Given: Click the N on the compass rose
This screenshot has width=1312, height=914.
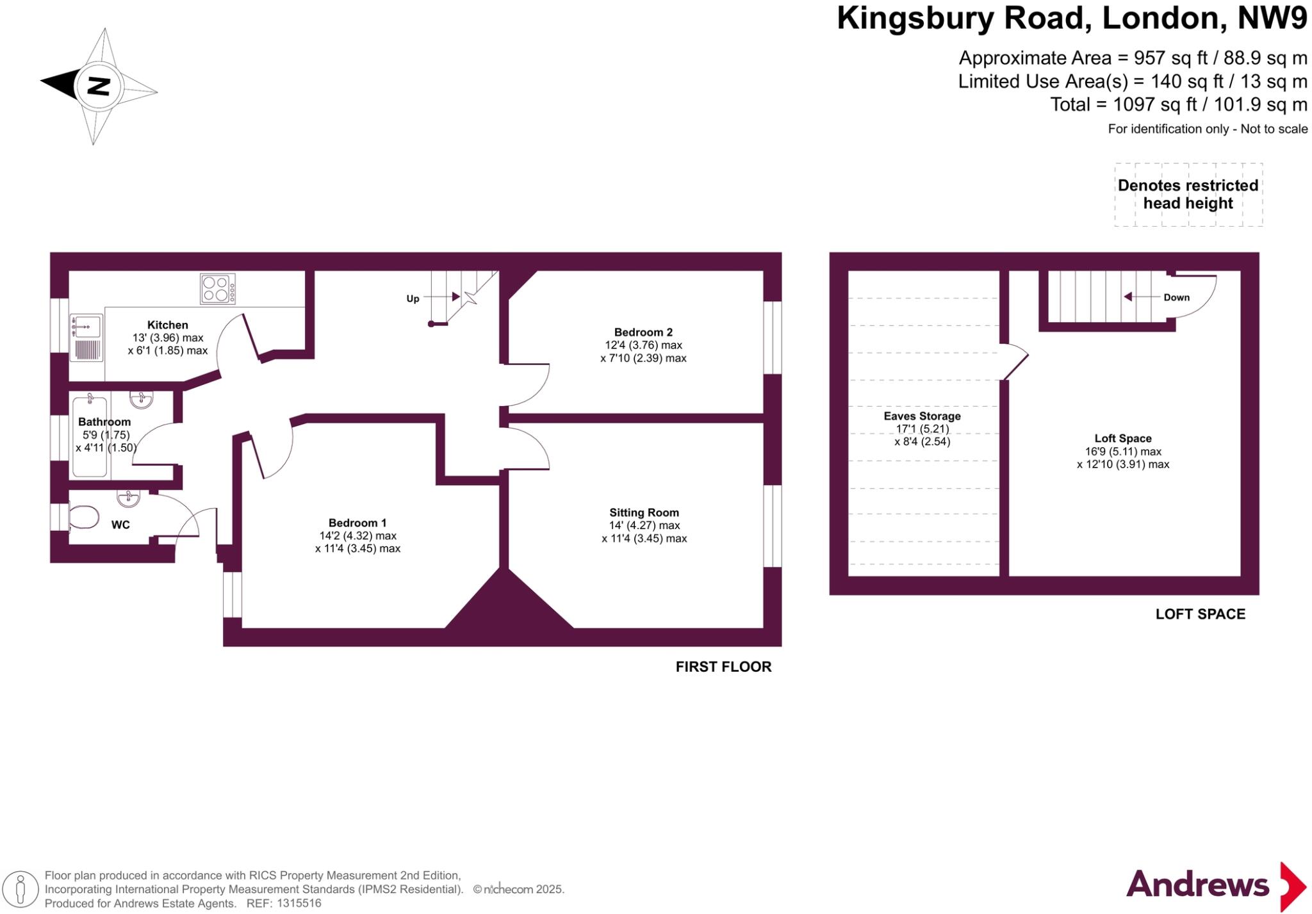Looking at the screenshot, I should point(98,86).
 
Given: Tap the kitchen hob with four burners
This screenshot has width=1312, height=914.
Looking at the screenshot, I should point(218,288).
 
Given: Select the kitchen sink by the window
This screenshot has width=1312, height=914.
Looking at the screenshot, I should point(86,326).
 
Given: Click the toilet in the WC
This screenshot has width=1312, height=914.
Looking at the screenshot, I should point(83,517).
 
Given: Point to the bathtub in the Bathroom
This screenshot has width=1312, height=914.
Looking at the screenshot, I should point(90,436).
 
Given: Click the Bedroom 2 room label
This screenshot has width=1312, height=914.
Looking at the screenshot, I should point(643,332).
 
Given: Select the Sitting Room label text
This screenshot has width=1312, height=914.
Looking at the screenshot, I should point(644,512).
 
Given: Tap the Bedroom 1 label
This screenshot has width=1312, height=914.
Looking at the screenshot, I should point(357,523).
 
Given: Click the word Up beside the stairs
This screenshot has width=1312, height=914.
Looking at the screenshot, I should point(413,298).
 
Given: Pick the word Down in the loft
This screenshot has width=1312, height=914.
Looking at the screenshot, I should point(1176,297).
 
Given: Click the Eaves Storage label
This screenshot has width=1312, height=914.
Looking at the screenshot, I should point(922,416).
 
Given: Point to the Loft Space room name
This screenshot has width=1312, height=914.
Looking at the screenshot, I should point(1122,438).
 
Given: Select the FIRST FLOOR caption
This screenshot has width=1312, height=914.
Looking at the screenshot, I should point(723,667).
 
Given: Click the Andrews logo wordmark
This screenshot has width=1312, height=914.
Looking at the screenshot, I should point(1197,885).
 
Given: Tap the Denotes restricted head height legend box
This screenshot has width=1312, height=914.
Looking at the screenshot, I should point(1188,194).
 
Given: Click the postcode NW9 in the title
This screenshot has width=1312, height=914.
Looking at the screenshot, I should point(1272,18).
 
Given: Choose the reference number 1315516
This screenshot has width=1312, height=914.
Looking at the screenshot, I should point(297,903).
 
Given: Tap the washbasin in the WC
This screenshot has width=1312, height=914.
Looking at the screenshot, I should point(129,497).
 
